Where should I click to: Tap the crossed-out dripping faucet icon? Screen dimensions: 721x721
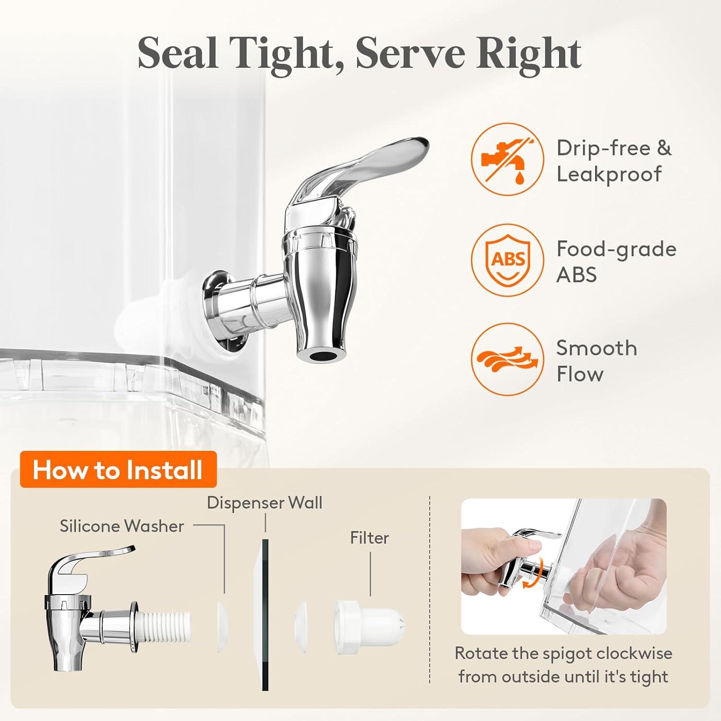(507, 158)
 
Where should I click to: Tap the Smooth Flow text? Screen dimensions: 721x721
(597, 360)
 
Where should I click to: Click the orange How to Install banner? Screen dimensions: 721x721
(118, 470)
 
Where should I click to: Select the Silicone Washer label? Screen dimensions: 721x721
(122, 526)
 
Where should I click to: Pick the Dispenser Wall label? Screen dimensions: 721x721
(264, 503)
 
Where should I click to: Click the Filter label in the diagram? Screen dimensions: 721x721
(369, 537)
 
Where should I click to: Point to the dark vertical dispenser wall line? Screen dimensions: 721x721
(265, 614)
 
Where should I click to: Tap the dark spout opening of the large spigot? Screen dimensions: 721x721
(322, 356)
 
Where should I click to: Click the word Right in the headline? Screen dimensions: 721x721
(529, 54)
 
